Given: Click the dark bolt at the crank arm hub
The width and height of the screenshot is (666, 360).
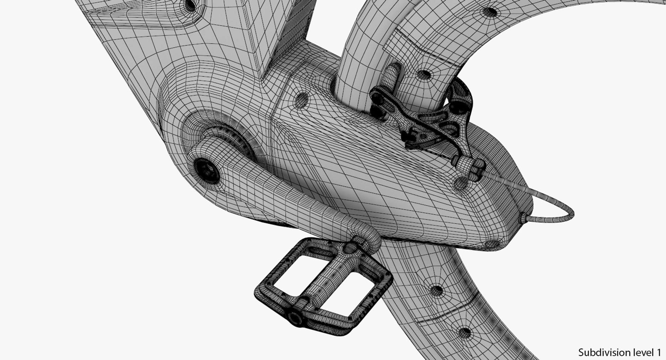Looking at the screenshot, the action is tap(207, 170).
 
